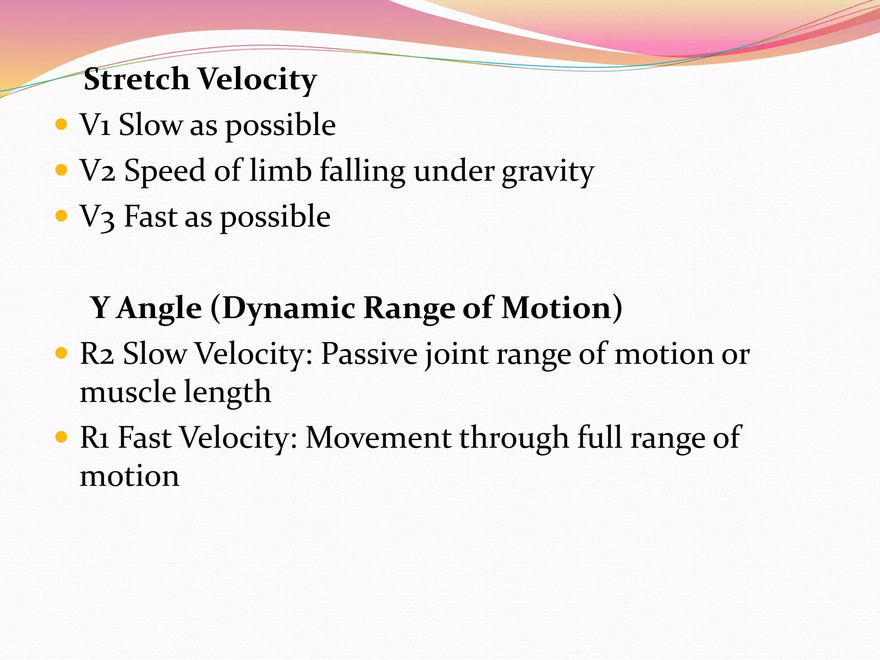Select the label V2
click(x=98, y=171)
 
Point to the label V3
click(x=98, y=217)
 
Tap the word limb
click(x=281, y=171)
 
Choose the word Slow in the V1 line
click(x=150, y=125)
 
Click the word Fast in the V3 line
click(x=150, y=217)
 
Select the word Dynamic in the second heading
click(x=289, y=309)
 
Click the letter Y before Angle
click(x=100, y=308)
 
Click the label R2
click(x=97, y=354)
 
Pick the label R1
click(x=95, y=438)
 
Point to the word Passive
click(x=369, y=354)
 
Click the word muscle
click(x=128, y=392)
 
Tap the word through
click(x=514, y=439)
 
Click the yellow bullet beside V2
click(x=62, y=171)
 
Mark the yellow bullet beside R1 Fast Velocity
click(x=62, y=437)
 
